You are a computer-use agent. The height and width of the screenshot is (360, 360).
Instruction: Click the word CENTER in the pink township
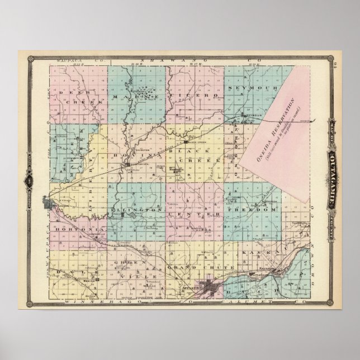click(196, 215)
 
